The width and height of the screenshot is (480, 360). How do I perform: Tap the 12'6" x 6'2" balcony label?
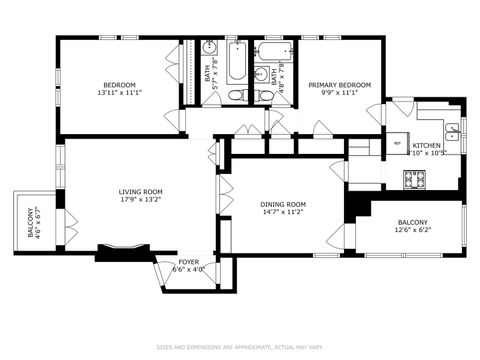click(x=412, y=227)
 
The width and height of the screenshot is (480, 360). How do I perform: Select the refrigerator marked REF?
click(x=397, y=143)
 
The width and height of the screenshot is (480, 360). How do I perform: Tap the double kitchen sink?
click(x=452, y=128)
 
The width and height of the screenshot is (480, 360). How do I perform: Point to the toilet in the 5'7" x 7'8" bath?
click(x=233, y=95)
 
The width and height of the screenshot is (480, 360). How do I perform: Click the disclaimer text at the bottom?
click(x=240, y=347)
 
